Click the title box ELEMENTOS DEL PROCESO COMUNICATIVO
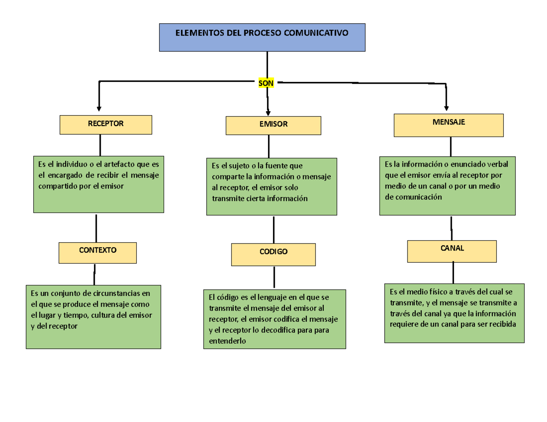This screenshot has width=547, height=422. (262, 37)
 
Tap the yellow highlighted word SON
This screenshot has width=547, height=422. (266, 83)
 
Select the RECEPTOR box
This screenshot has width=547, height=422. (106, 124)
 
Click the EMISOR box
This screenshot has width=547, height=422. (273, 125)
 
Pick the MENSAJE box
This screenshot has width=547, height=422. (449, 125)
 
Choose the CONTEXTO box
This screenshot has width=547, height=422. (98, 253)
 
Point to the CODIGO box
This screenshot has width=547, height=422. (273, 254)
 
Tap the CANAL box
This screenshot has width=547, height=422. (452, 251)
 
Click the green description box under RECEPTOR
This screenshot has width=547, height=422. (98, 184)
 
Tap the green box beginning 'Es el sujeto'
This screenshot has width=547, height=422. (272, 187)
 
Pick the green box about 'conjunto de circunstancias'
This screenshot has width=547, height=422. (93, 317)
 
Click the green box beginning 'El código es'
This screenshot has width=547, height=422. (274, 319)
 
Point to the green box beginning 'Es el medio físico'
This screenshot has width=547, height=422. (454, 313)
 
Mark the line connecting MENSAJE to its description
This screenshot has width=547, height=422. (451, 146)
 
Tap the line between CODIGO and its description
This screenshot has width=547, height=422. (274, 277)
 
